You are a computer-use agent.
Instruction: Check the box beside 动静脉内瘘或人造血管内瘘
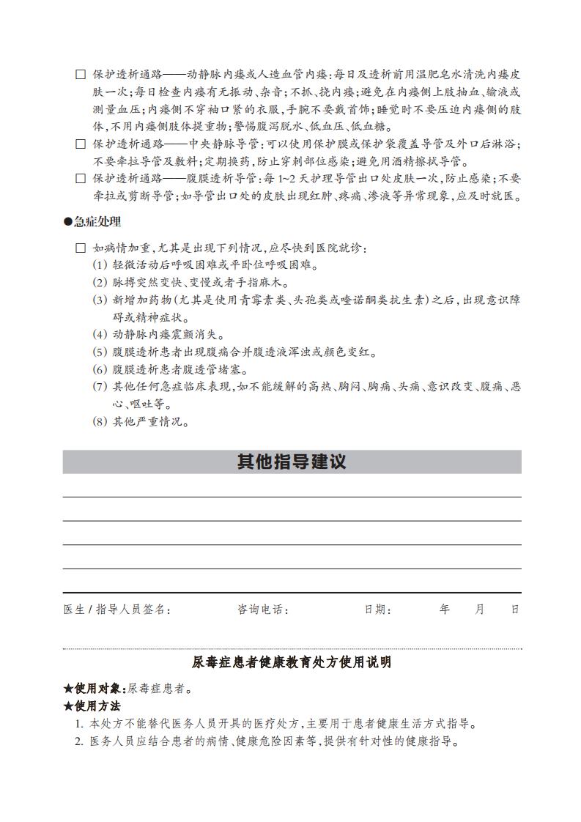[81, 75]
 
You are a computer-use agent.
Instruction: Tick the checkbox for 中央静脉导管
[81, 144]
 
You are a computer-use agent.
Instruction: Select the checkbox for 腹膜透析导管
[81, 179]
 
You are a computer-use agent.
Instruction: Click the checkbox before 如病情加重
[81, 248]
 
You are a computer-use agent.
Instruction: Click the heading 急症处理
[97, 221]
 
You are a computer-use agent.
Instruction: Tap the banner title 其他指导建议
[292, 462]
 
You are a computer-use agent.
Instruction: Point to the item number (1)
[100, 265]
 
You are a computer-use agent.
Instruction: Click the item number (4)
[100, 335]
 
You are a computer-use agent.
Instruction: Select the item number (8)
[100, 422]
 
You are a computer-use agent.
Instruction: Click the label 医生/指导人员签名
[117, 610]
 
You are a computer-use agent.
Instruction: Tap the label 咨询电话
[262, 610]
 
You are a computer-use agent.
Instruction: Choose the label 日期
[377, 610]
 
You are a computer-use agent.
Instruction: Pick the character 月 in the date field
[480, 610]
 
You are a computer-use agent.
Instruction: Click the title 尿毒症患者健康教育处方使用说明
[292, 662]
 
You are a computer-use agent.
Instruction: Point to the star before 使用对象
[68, 689]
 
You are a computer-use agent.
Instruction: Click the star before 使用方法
[68, 706]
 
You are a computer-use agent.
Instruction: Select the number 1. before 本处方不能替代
[79, 724]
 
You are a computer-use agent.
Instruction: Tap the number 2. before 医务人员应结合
[79, 741]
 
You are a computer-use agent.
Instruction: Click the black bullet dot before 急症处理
[68, 221]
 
